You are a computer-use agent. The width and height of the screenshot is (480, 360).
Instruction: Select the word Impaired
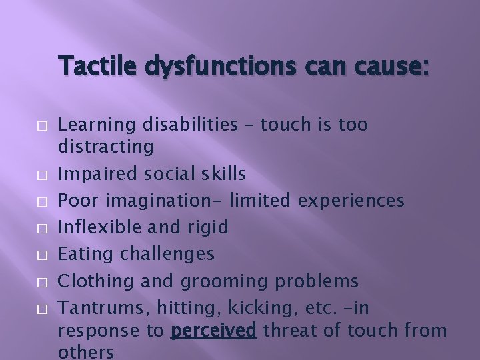coord(95,174)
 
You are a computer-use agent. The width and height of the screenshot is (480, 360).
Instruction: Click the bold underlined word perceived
coord(213,331)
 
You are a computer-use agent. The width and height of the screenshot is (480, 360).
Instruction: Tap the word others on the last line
coord(87,351)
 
